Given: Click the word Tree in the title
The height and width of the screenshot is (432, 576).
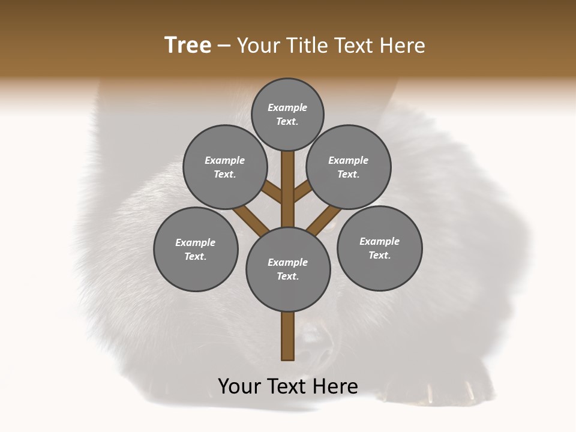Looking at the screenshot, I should (x=188, y=46).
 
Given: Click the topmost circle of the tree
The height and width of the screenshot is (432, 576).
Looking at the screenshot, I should (x=287, y=114).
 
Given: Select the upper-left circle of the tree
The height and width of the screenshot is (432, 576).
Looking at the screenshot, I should (x=224, y=167).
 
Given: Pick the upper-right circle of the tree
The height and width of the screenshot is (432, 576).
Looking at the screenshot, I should (x=349, y=167).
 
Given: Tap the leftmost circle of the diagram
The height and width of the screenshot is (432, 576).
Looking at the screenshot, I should (x=196, y=249).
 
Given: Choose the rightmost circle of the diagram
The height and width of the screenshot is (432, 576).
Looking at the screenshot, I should (x=380, y=248).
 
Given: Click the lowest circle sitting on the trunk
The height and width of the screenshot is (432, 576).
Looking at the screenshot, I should (x=288, y=269).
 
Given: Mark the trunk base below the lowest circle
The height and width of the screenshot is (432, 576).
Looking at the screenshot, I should (x=288, y=336).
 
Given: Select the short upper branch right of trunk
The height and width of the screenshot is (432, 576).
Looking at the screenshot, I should (x=302, y=191).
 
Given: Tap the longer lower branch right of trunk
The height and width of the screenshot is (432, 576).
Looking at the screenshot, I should (x=324, y=219).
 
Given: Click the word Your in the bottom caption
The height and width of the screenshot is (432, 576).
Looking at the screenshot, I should (x=239, y=386).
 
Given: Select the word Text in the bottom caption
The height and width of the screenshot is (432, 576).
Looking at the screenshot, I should (x=288, y=386).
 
